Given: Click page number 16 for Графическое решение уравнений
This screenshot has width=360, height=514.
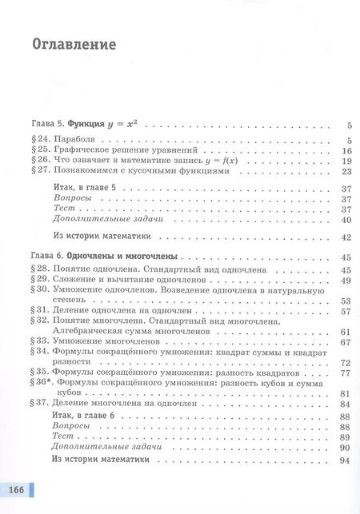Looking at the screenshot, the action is (x=346, y=151).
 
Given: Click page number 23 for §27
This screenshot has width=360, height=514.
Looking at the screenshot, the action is (x=346, y=171).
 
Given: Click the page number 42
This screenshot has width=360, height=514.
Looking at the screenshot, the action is (x=346, y=237).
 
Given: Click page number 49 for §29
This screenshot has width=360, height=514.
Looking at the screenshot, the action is (x=346, y=281).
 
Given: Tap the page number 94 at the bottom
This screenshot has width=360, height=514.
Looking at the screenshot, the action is (x=346, y=460).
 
